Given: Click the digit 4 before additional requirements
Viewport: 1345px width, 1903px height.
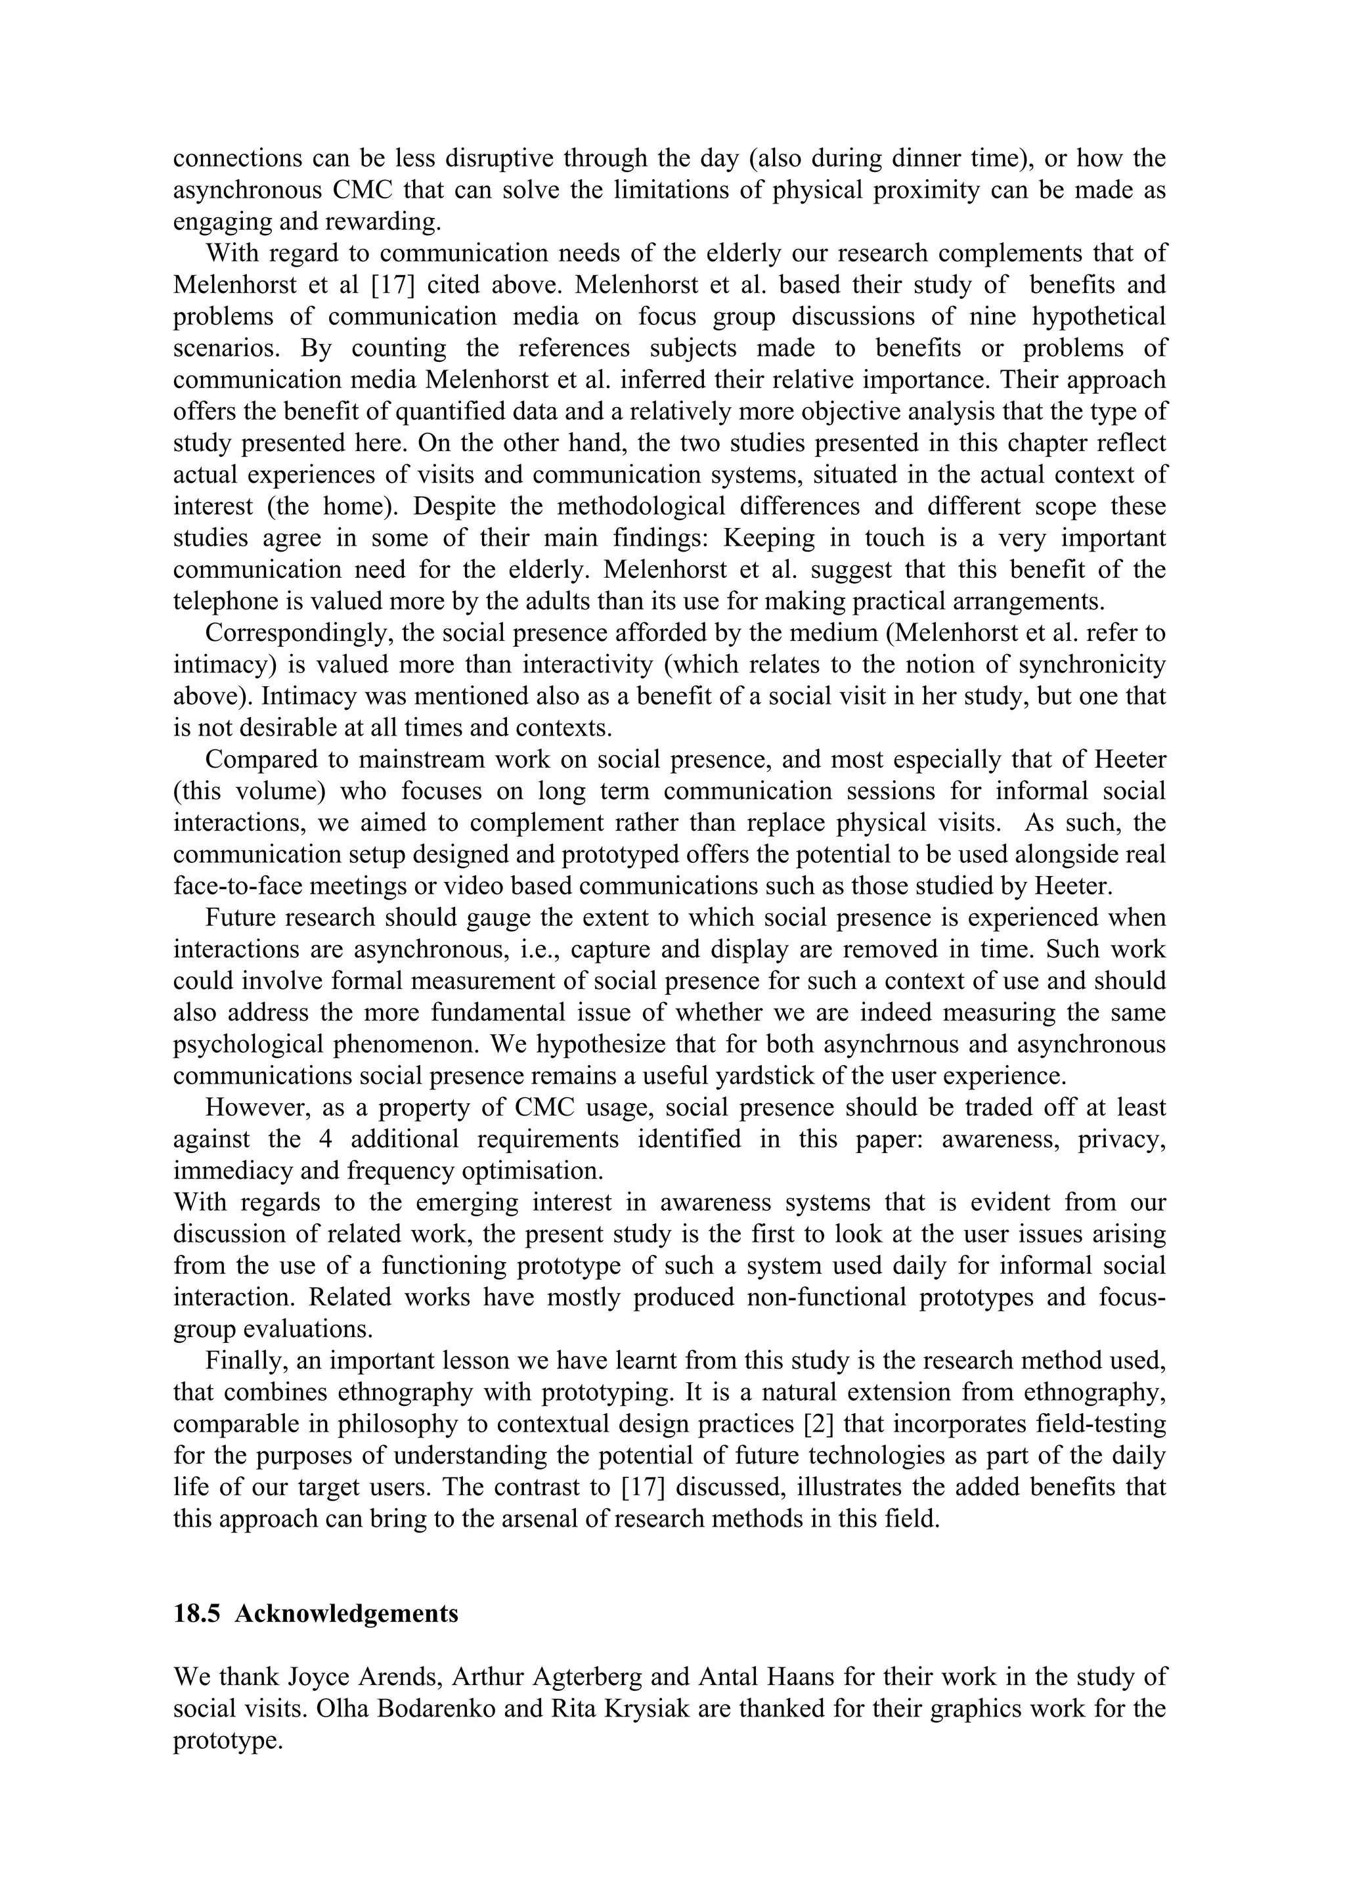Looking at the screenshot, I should coord(325,1139).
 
